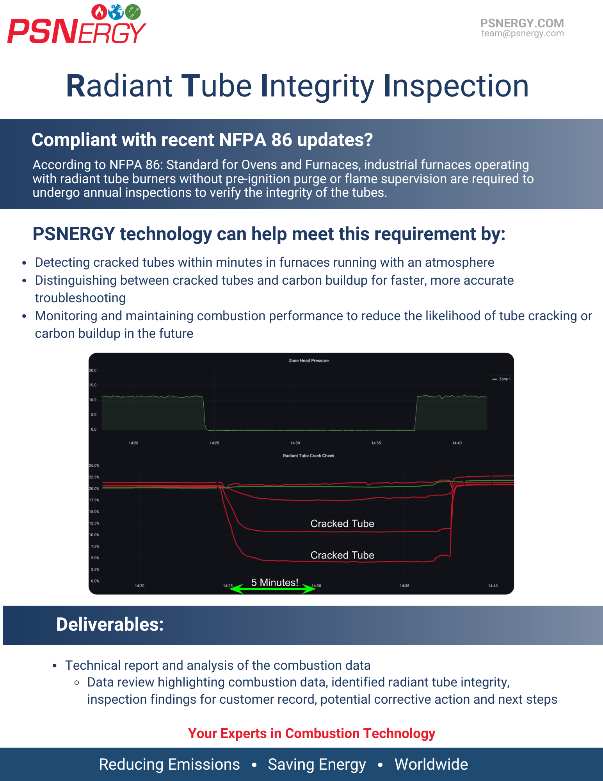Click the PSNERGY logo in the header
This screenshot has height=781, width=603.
tap(76, 25)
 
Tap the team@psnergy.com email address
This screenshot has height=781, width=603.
tap(522, 34)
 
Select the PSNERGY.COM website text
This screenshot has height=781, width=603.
tap(522, 23)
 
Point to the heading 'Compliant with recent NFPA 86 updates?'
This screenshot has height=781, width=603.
tap(202, 140)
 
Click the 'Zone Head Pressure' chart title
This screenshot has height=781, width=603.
tap(308, 360)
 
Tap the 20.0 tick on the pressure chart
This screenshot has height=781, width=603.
tap(92, 370)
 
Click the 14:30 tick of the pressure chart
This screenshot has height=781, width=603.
tap(295, 443)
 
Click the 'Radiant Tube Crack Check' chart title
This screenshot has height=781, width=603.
tap(308, 456)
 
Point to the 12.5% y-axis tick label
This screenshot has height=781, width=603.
tap(94, 523)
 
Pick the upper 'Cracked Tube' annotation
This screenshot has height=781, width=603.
tap(342, 524)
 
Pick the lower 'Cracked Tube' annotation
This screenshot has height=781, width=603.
tap(342, 555)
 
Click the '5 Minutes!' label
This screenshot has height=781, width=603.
tap(275, 582)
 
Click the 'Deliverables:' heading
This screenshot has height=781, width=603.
tap(110, 624)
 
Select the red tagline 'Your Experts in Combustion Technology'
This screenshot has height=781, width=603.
tap(311, 733)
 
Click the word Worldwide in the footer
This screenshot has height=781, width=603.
tap(431, 764)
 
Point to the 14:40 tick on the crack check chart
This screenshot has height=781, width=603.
tap(493, 586)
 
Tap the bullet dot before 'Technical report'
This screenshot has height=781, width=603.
tap(55, 665)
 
